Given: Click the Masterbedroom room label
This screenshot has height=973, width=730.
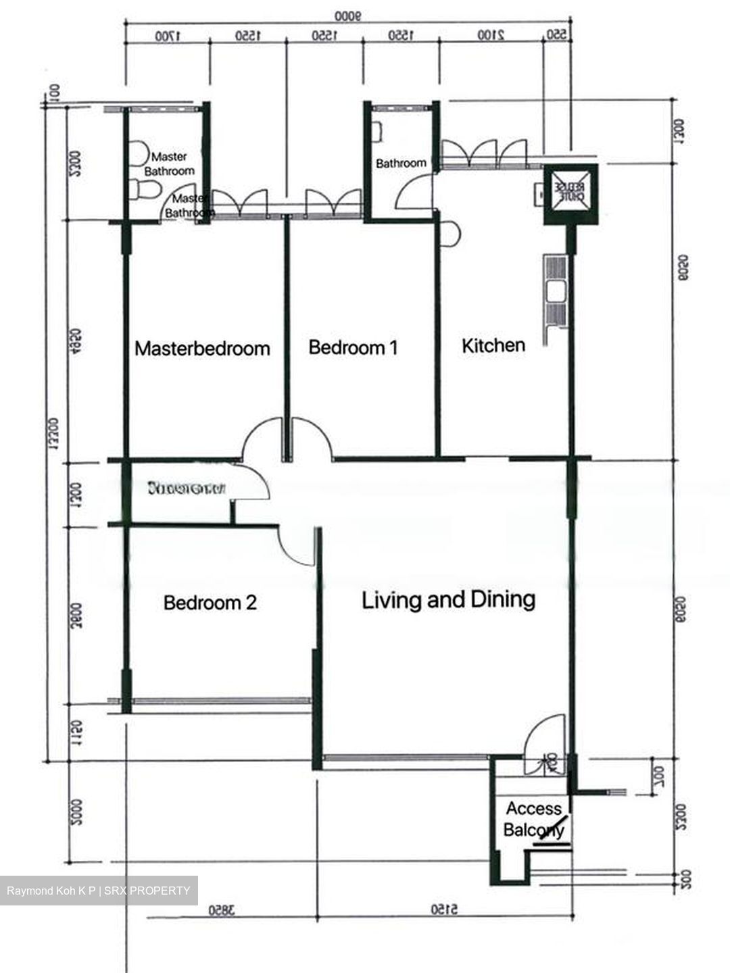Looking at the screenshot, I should coord(202,348).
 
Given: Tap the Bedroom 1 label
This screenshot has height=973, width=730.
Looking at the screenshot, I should coord(353,347).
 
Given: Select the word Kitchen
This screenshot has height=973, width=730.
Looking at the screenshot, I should coord(493,345).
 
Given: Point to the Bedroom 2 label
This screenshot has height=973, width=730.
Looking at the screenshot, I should coord(210,602).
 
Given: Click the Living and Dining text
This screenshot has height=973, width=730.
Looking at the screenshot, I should coord(449,599).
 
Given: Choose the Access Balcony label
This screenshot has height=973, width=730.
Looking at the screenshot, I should coord(533,819).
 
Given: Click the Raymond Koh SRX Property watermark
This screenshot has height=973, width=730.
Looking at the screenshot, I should coord(99,891).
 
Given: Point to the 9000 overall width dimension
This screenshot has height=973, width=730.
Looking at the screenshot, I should coord(349,15).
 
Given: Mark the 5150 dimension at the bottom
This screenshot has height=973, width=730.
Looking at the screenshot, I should coord(444,910).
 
